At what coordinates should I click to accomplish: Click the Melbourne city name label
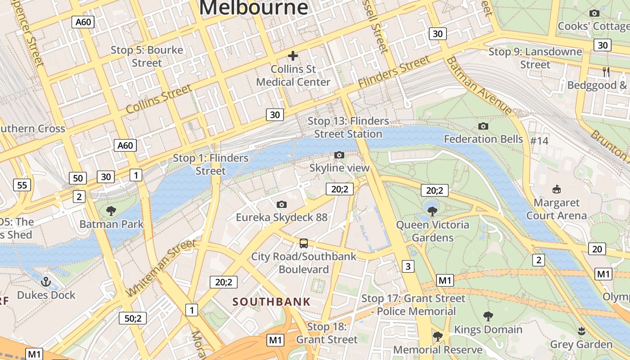(253, 8)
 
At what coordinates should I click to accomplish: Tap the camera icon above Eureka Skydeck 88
(282, 205)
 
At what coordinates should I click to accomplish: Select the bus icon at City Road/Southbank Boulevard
(304, 243)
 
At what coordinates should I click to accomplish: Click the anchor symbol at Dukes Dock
(46, 282)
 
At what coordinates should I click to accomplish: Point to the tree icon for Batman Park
(111, 211)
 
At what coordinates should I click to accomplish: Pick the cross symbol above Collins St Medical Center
(293, 56)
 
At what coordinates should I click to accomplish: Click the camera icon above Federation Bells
(483, 126)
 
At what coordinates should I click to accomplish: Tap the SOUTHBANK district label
(271, 301)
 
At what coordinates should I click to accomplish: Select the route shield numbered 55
(22, 185)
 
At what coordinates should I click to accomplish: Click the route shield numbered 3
(408, 266)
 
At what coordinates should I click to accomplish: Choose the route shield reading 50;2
(133, 318)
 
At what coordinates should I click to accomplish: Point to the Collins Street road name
(159, 99)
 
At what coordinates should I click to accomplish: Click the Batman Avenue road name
(479, 85)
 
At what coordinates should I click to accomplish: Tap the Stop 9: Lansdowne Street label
(535, 58)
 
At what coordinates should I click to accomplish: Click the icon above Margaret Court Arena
(557, 189)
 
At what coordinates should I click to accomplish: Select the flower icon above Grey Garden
(581, 331)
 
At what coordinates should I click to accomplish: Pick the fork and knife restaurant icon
(606, 72)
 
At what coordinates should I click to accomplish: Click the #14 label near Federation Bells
(539, 141)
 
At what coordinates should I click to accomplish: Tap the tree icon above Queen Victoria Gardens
(432, 211)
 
